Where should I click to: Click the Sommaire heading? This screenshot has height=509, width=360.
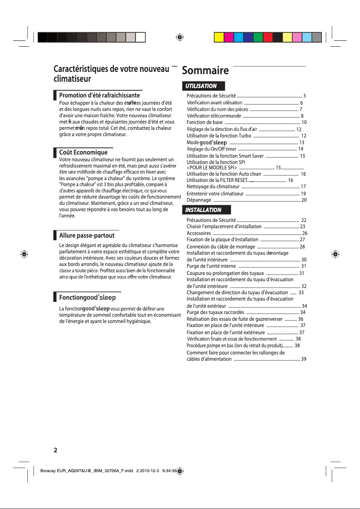pyautogui.click(x=205, y=71)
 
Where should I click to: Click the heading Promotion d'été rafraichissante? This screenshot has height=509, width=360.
pyautogui.click(x=100, y=95)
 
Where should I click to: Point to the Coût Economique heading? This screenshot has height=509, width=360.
pyautogui.click(x=83, y=153)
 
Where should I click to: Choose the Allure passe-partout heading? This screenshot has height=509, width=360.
pyautogui.click(x=87, y=235)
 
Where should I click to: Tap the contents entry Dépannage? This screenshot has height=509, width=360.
pyautogui.click(x=199, y=200)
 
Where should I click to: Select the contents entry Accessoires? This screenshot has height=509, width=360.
pyautogui.click(x=199, y=233)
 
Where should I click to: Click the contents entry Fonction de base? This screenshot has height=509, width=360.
pyautogui.click(x=205, y=122)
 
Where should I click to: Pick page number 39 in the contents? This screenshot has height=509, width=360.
pyautogui.click(x=304, y=359)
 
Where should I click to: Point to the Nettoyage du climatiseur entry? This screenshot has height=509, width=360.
pyautogui.click(x=213, y=186)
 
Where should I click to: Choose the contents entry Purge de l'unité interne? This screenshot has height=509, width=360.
pyautogui.click(x=211, y=266)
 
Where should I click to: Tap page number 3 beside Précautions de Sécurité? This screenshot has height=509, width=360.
pyautogui.click(x=305, y=96)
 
